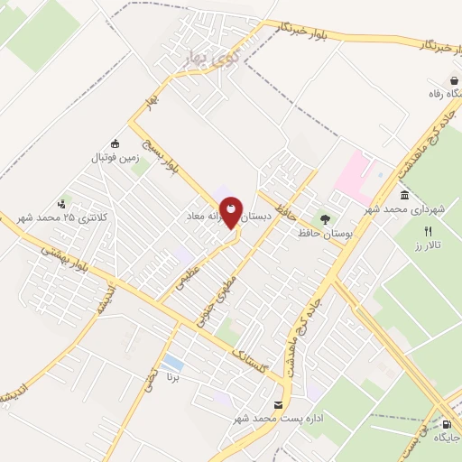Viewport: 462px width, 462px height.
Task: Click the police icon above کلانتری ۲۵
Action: point(61,203)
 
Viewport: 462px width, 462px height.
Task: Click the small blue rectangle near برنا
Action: point(173,365)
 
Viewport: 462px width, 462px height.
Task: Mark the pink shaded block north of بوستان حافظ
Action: point(354,172)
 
